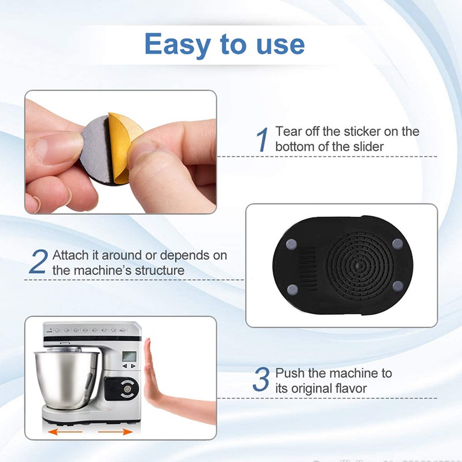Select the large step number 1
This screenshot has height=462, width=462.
click(263, 140)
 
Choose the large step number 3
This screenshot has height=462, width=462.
click(261, 380)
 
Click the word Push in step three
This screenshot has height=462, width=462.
click(289, 373)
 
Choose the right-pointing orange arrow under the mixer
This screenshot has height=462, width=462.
click(113, 431)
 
